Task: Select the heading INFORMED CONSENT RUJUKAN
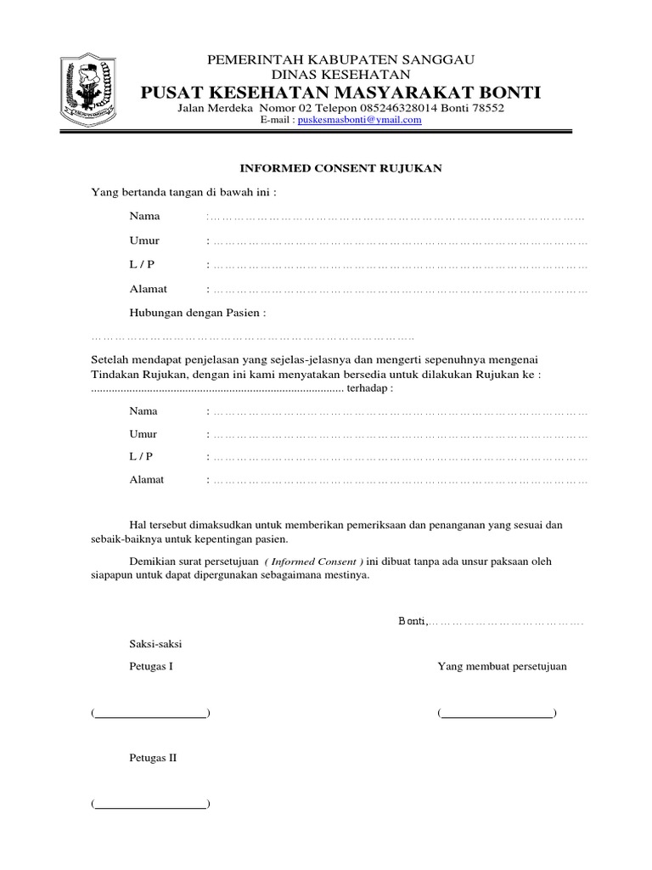tap(339, 168)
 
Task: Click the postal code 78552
tap(486, 109)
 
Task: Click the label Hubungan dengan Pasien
tap(197, 313)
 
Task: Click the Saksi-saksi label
tap(155, 642)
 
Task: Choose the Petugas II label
tap(153, 757)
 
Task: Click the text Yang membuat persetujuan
tap(502, 666)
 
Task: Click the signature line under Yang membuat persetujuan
tap(497, 714)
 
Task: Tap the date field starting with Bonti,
tap(492, 621)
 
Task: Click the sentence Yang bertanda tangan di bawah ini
tap(183, 192)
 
